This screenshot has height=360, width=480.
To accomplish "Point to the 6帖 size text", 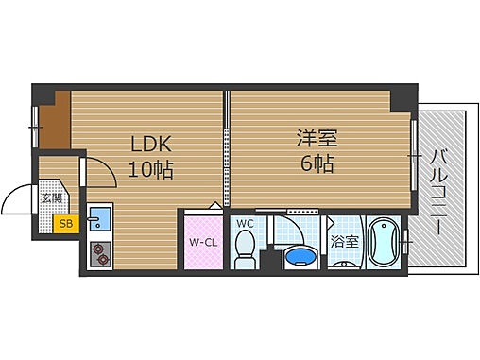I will click(314, 163).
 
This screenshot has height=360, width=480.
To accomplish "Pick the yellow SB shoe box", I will click(65, 224).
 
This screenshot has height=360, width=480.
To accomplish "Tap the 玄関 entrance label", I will click(53, 198).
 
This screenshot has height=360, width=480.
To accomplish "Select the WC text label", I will click(244, 223).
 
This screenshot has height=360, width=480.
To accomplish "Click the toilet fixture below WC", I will click(246, 249).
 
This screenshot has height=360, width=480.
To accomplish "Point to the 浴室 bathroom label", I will click(344, 241).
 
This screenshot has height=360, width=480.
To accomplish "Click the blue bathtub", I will click(383, 244).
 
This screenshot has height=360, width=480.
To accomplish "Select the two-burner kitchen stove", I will click(100, 253).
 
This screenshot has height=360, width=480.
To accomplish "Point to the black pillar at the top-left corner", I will click(44, 94).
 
